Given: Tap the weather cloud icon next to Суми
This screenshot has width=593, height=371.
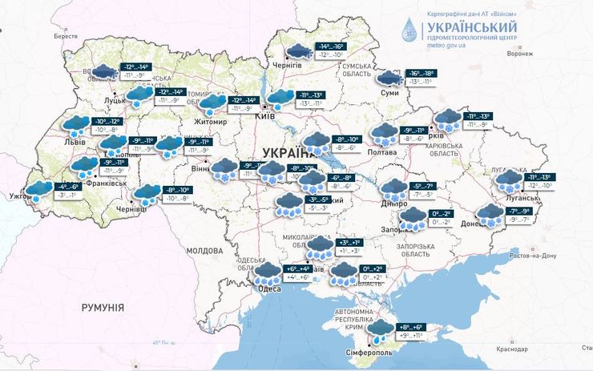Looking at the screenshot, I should [389, 78].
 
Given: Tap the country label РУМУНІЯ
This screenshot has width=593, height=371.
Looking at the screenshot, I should [103, 308].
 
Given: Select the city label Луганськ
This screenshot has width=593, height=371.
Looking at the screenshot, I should [511, 194].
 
